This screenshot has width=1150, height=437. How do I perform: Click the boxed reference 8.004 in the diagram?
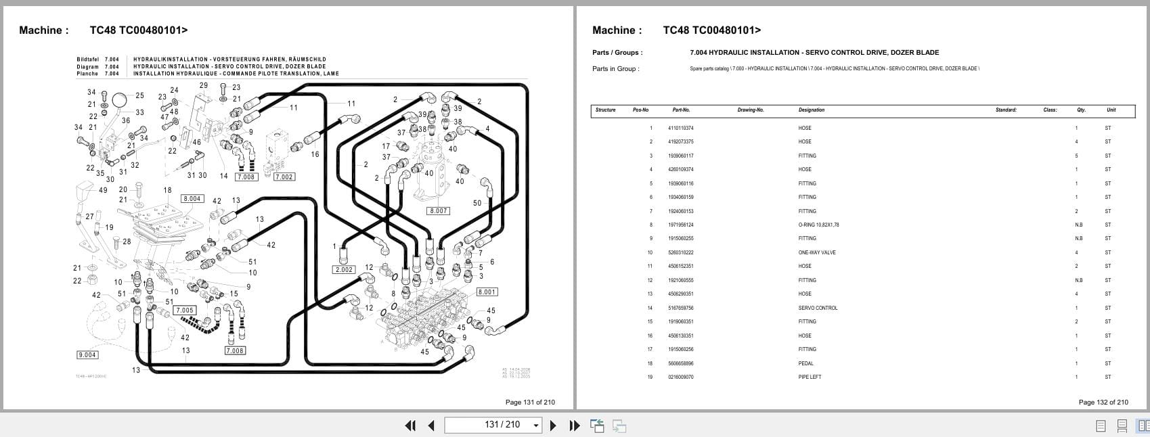tap(192, 199)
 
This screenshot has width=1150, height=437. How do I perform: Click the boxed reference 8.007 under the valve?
tap(439, 211)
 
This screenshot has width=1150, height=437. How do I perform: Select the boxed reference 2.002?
tap(344, 270)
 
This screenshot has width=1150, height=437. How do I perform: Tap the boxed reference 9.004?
tap(87, 355)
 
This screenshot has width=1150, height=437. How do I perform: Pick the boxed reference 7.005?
tap(185, 310)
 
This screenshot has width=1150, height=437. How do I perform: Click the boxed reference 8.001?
tap(487, 292)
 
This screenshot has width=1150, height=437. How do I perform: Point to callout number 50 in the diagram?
tap(477, 203)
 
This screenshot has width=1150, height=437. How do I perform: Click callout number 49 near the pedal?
tap(103, 190)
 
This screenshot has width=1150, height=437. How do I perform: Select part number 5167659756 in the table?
tap(680, 308)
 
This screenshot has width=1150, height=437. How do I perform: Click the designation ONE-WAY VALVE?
tap(816, 252)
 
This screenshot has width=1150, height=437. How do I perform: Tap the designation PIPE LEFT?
tap(810, 377)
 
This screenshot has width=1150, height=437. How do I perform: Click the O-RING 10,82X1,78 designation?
tap(818, 225)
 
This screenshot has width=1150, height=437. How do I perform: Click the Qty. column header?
tap(1081, 110)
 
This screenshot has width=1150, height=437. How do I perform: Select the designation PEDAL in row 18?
tap(805, 363)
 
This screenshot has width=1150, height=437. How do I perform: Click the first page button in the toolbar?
tap(410, 425)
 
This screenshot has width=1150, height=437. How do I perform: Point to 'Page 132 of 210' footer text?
tap(1103, 402)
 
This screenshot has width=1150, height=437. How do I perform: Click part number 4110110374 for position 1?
tap(680, 128)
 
